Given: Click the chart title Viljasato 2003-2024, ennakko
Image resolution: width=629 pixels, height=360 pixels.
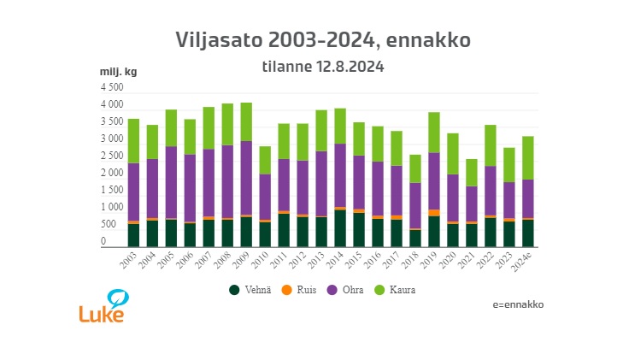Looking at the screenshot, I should click(x=322, y=40).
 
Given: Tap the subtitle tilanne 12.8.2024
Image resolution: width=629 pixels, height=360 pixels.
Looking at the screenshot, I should click(x=322, y=66).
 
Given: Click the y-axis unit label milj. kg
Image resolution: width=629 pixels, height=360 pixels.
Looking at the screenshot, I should click(x=118, y=71).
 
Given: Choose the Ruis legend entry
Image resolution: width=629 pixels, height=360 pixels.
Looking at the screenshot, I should click(x=302, y=290).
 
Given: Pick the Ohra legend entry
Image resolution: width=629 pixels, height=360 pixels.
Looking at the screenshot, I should click(x=349, y=290).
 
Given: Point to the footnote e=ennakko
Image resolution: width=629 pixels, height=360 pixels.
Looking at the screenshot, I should click(x=518, y=304).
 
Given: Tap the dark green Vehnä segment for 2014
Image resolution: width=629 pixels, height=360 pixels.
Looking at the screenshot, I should click(x=340, y=227).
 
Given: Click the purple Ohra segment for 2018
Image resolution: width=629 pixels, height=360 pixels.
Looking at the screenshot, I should click(x=415, y=205).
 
